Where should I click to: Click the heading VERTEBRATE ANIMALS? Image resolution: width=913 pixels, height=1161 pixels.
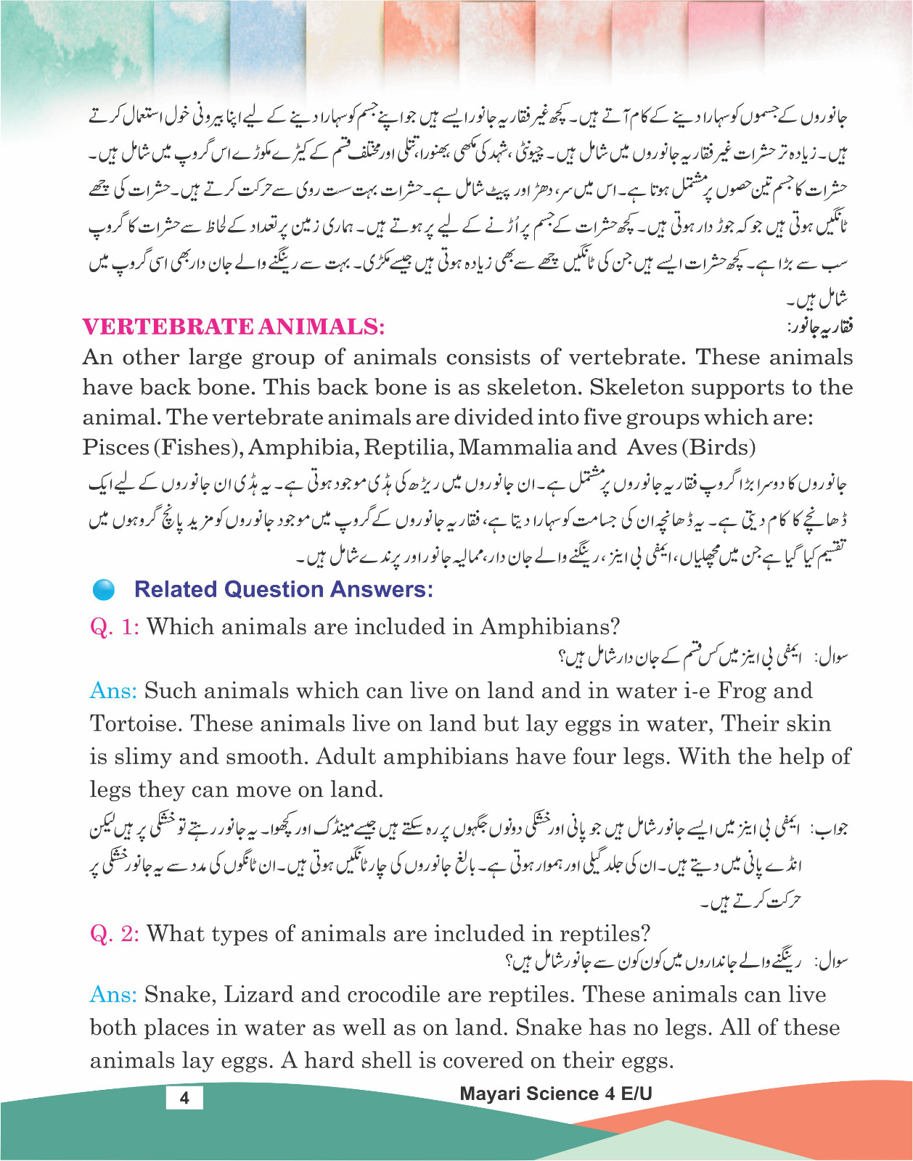pos(233,327)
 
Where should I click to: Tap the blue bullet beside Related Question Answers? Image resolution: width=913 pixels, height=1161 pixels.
pos(105,590)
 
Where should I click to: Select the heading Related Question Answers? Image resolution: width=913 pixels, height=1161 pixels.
pos(284,589)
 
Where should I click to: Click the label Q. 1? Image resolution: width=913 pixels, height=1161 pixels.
pos(114,627)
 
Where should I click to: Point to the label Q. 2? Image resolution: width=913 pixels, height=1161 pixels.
pos(114,934)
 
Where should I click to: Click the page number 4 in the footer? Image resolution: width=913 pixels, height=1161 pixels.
pos(184,1097)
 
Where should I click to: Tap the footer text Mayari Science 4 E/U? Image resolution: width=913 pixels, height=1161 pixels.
pos(556,1094)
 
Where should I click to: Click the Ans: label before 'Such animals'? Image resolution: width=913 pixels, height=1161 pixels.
pos(113,691)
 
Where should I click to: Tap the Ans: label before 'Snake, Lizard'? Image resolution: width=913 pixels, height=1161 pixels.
pos(113,995)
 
